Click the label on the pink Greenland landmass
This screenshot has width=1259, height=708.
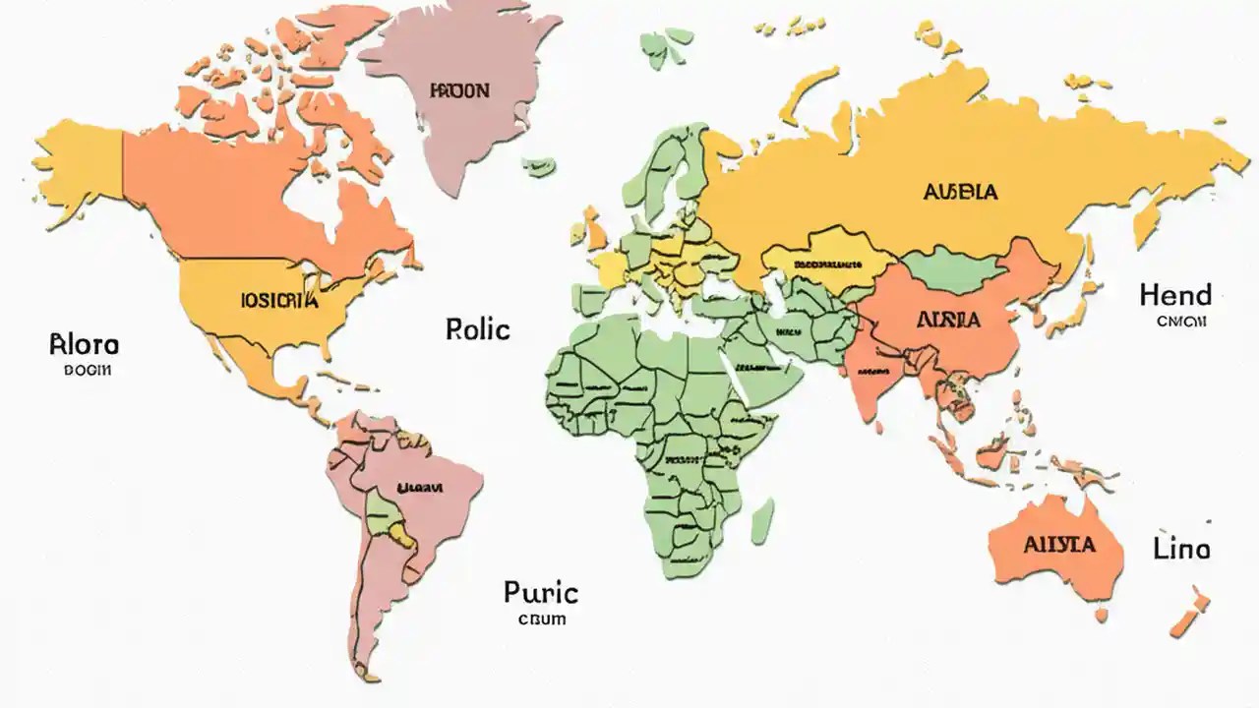[458, 90]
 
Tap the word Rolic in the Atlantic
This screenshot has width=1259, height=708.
[478, 328]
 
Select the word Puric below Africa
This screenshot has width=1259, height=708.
[540, 592]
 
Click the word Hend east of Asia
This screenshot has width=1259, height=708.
[1175, 295]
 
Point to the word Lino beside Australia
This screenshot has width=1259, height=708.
[1181, 549]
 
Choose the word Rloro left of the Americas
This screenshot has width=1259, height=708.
[84, 345]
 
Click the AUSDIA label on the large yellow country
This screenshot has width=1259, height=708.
[960, 192]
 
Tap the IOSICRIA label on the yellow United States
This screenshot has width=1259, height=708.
[279, 301]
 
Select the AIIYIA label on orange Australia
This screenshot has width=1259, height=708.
[1058, 545]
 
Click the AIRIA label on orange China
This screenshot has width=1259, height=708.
[947, 320]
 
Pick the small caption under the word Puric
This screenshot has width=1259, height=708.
[541, 619]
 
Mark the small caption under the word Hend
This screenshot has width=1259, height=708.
[1180, 322]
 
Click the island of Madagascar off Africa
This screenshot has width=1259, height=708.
[762, 520]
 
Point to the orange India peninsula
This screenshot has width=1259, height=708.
[870, 379]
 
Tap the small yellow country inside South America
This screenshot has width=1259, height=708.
[401, 535]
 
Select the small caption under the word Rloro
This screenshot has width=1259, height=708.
[88, 371]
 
